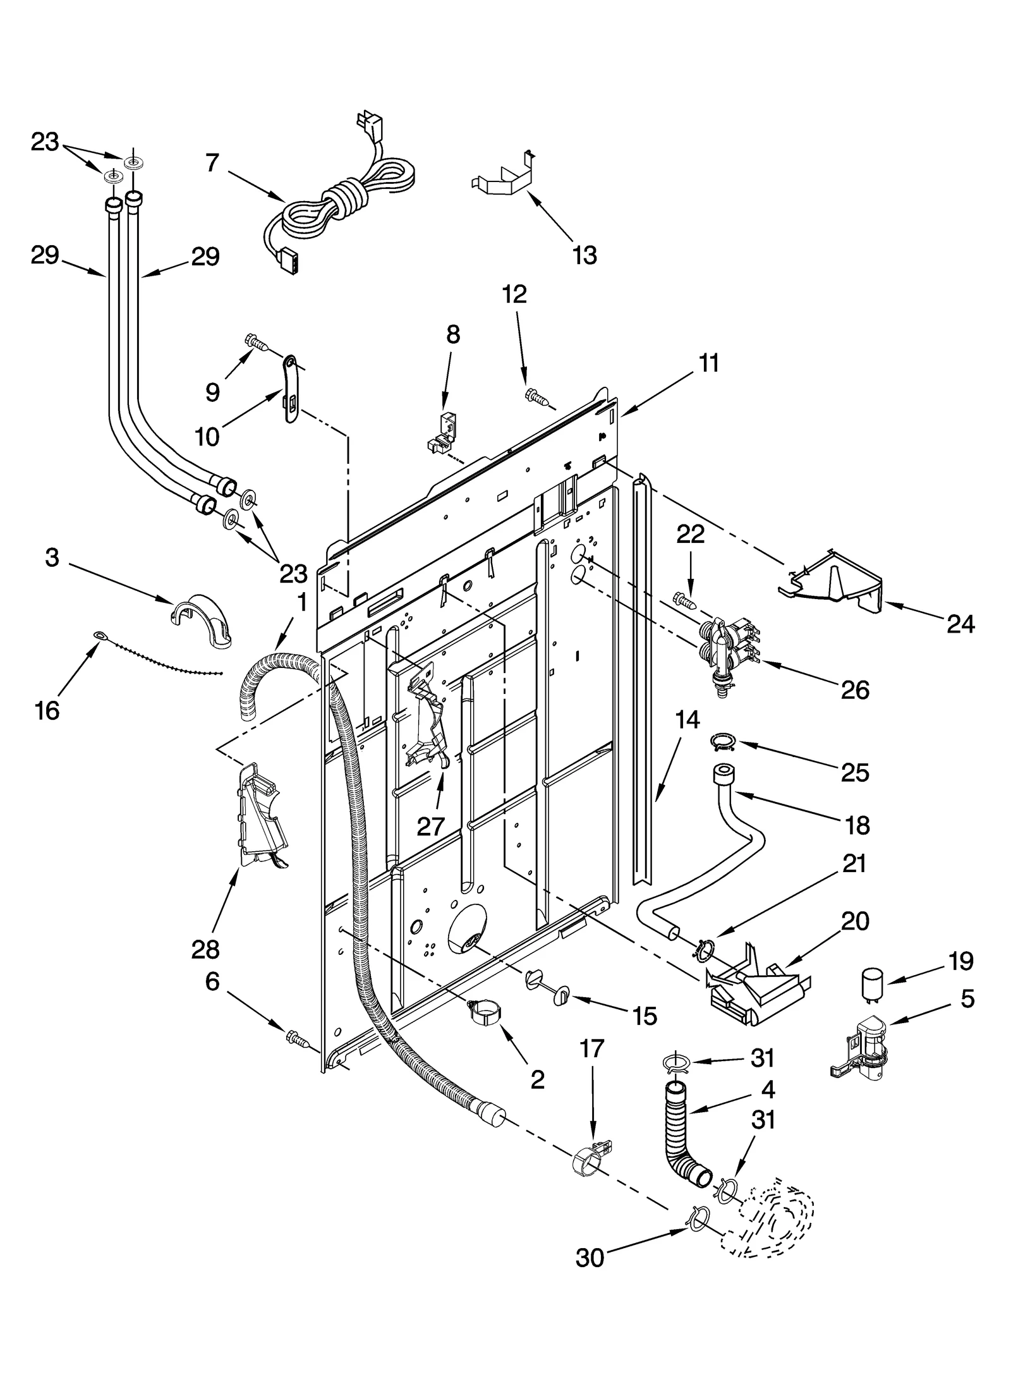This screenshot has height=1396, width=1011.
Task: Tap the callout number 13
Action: [x=584, y=255]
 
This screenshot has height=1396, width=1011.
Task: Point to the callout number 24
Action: [x=960, y=624]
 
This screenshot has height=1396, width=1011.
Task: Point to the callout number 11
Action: [x=709, y=364]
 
